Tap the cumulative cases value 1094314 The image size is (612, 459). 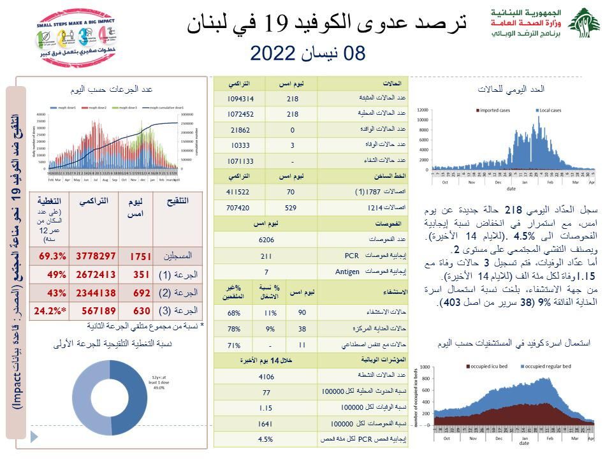(240, 99)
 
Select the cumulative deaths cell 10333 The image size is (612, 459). (240, 145)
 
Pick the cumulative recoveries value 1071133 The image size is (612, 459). (240, 161)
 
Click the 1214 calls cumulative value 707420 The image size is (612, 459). (240, 207)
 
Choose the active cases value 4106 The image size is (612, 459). (266, 376)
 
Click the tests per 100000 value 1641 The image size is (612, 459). (266, 424)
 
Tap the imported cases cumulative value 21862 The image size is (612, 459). (240, 130)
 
